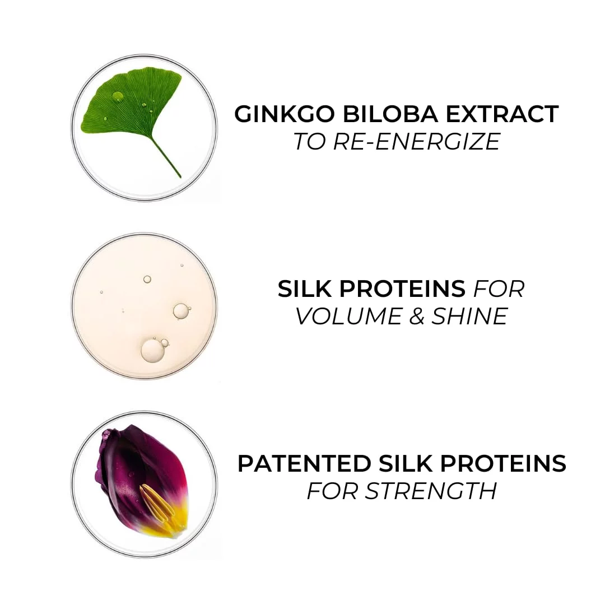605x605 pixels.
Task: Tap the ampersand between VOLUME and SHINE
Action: pyautogui.click(x=415, y=316)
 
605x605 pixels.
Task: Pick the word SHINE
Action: pyautogui.click(x=469, y=316)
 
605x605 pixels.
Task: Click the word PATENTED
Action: pyautogui.click(x=304, y=463)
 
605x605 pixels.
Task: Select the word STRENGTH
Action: pyautogui.click(x=431, y=491)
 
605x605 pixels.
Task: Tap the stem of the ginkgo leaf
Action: pyautogui.click(x=166, y=157)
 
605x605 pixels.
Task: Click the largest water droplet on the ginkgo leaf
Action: pyautogui.click(x=117, y=96)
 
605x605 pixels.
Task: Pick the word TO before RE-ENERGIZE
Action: pyautogui.click(x=309, y=141)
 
